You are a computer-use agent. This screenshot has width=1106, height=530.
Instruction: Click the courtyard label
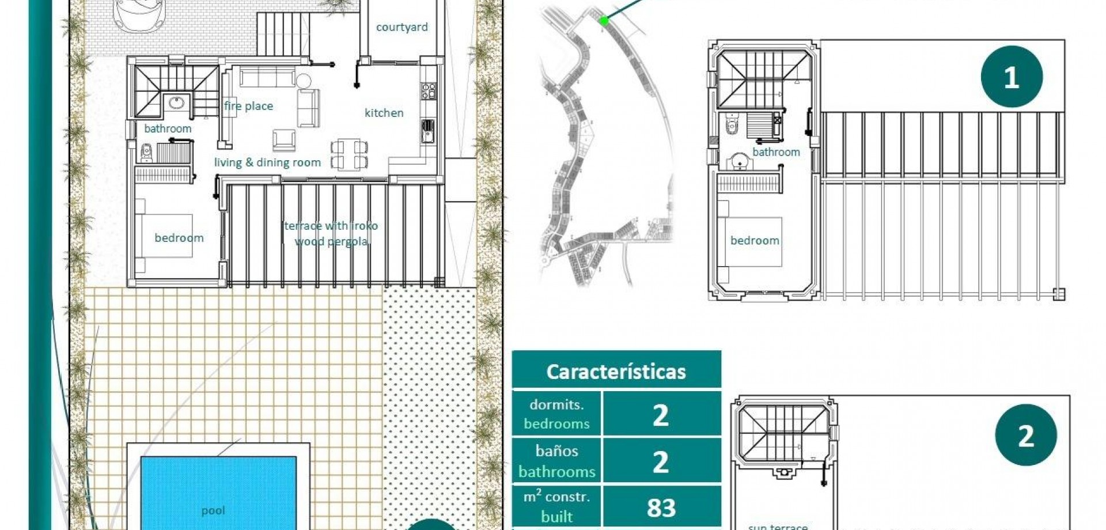pyautogui.click(x=402, y=27)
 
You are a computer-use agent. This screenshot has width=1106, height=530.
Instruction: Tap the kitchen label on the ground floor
pyautogui.click(x=384, y=113)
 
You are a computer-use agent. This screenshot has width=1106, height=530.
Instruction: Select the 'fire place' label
pyautogui.click(x=248, y=106)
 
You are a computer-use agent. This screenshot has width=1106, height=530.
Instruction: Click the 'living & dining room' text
pyautogui.click(x=267, y=162)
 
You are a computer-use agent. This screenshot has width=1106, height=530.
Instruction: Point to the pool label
pyautogui.click(x=213, y=510)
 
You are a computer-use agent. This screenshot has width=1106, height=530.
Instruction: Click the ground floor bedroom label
pyautogui.click(x=179, y=238)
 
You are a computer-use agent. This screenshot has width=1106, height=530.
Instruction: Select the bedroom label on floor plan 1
pyautogui.click(x=755, y=241)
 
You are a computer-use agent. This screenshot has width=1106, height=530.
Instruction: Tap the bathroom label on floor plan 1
pyautogui.click(x=776, y=152)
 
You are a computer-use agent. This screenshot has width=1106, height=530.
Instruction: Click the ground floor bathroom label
pyautogui.click(x=168, y=128)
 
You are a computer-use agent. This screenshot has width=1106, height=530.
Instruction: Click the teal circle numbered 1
pyautogui.click(x=1012, y=77)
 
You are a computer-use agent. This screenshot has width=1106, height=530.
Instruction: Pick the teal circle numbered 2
pyautogui.click(x=1025, y=435)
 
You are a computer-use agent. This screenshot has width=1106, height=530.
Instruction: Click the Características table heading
pyautogui.click(x=616, y=372)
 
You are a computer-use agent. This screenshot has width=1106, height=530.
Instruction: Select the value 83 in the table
pyautogui.click(x=661, y=508)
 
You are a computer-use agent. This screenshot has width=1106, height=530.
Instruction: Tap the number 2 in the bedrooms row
pyautogui.click(x=661, y=415)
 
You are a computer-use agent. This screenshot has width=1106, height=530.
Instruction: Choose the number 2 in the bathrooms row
pyautogui.click(x=661, y=461)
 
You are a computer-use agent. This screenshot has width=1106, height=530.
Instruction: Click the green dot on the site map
pyautogui.click(x=604, y=21)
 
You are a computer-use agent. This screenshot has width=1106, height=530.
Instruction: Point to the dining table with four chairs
pyautogui.click(x=349, y=154)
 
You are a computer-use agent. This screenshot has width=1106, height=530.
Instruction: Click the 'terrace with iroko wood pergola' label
pyautogui.click(x=331, y=233)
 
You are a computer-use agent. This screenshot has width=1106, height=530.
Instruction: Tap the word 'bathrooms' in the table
pyautogui.click(x=556, y=472)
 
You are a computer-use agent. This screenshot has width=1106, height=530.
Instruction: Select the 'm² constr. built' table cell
pyautogui.click(x=556, y=506)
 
